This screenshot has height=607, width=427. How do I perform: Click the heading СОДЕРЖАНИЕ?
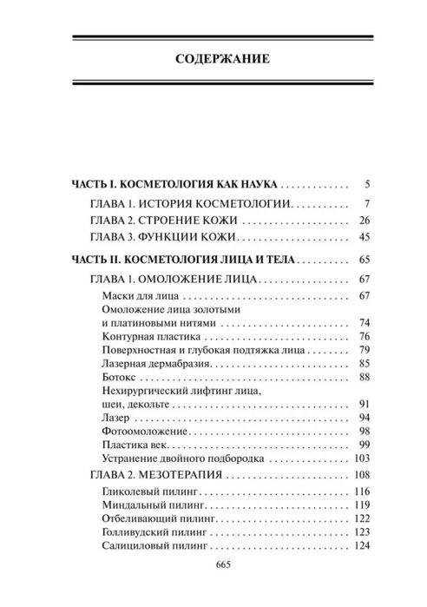[x=213, y=60]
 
